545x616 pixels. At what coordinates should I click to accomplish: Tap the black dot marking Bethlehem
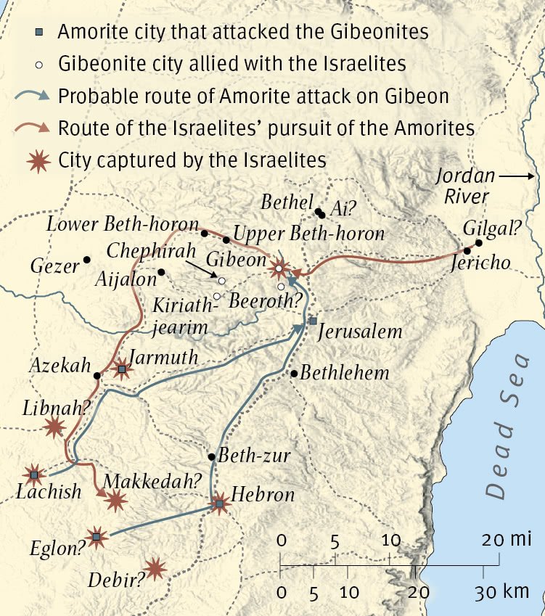click(294, 374)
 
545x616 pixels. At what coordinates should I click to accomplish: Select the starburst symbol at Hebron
click(220, 504)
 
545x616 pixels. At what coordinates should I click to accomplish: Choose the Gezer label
click(54, 266)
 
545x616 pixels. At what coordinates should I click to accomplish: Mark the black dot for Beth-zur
click(211, 457)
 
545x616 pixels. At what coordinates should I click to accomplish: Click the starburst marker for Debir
click(155, 568)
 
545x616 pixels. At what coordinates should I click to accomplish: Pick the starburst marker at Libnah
click(53, 427)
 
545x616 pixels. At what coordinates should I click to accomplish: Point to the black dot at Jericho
click(467, 251)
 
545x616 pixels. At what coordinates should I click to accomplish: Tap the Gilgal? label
click(493, 228)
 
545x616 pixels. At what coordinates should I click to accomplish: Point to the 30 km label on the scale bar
click(501, 591)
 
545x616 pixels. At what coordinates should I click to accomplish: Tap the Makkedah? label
click(152, 480)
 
